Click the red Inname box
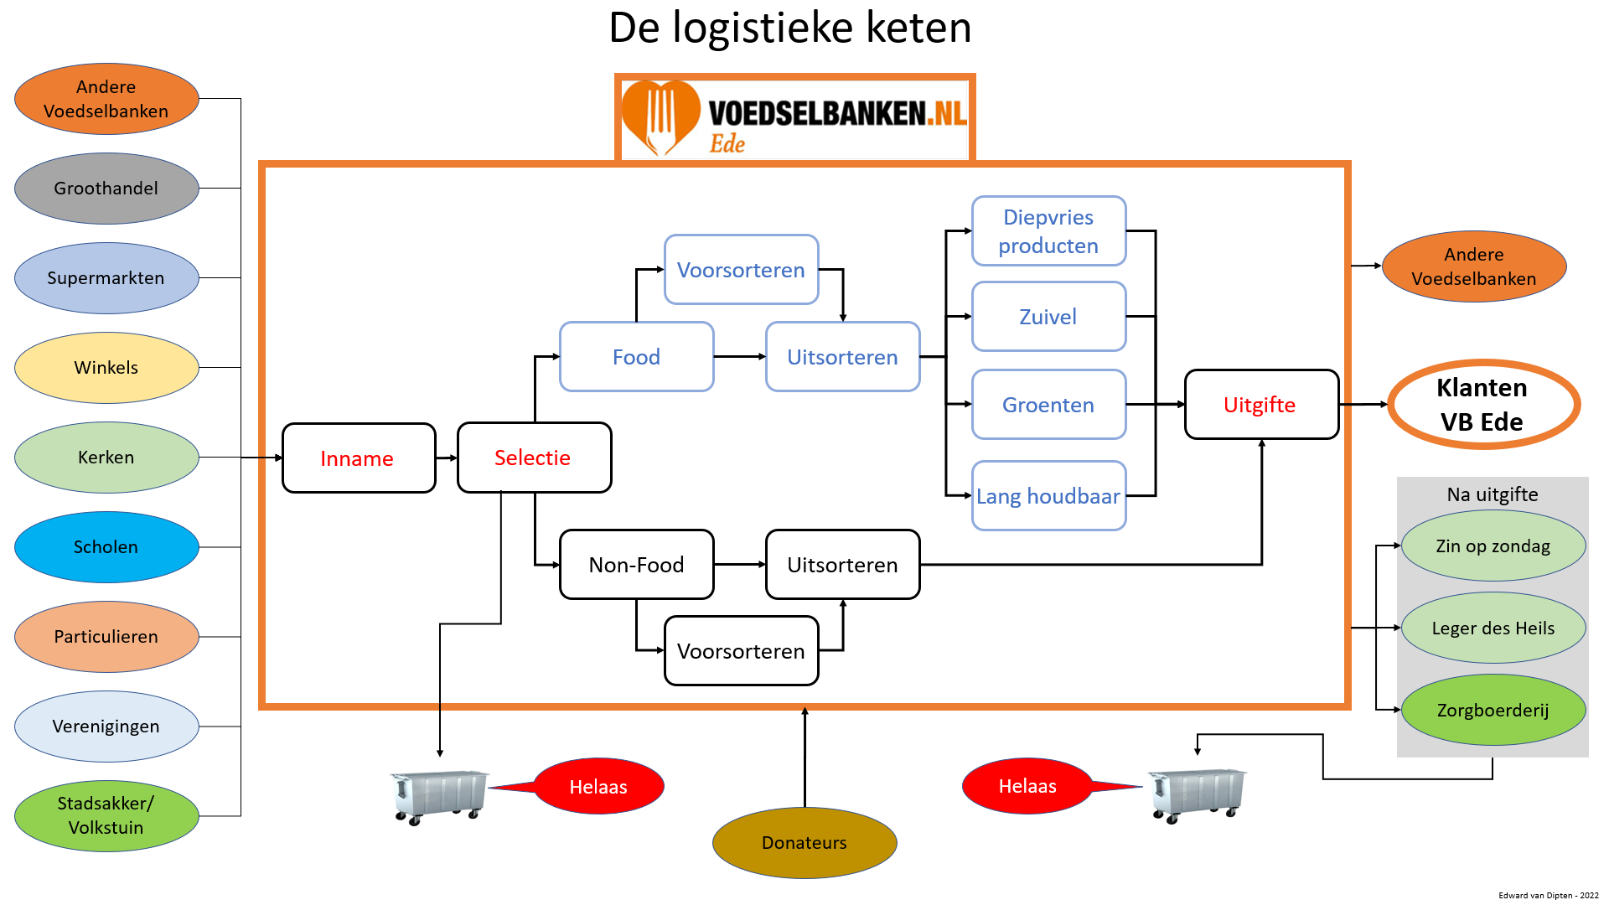[359, 458]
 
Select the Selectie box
[534, 458]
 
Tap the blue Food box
[636, 357]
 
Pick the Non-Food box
[636, 565]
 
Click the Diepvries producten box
[1048, 231]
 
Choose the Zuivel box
[1048, 317]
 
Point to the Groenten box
[1048, 405]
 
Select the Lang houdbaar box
[1048, 496]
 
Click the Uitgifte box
[1260, 405]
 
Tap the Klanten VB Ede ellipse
[1483, 405]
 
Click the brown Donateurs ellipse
[804, 842]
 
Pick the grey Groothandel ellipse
[106, 189]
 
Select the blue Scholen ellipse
[106, 547]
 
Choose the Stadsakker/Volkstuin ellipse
[106, 815]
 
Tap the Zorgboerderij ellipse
[1493, 710]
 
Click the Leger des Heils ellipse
[1493, 628]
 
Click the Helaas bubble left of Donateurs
[598, 786]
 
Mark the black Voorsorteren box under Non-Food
[741, 651]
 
